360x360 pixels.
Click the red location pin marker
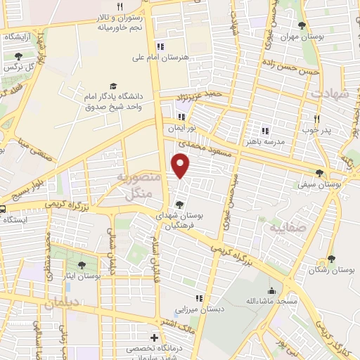(x=181, y=165)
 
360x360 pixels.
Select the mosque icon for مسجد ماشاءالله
(x=272, y=290)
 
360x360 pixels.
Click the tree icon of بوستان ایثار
(x=82, y=265)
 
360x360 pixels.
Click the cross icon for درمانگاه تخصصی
(x=154, y=337)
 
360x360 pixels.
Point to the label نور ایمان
(x=181, y=129)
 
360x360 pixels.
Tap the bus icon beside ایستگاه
(x=2, y=208)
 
